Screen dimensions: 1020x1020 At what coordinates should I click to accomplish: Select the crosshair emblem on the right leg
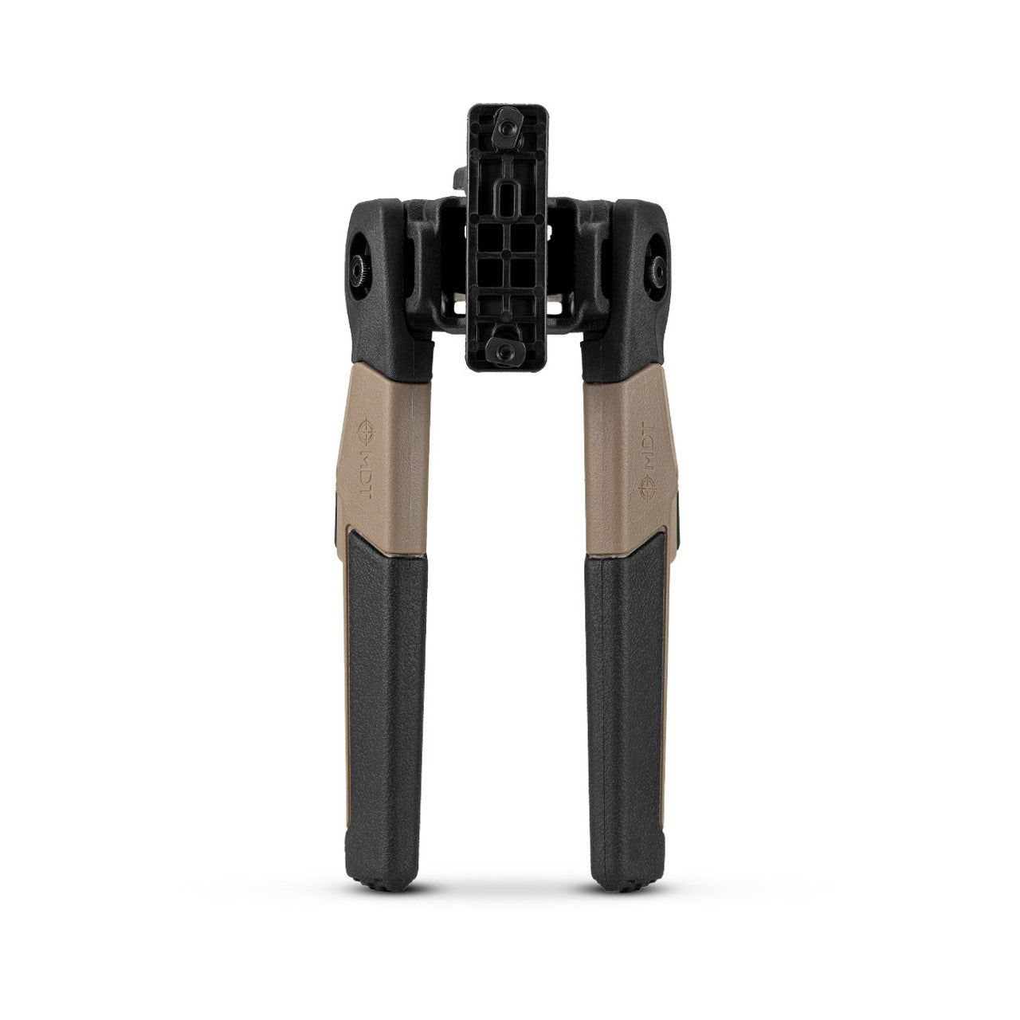click(647, 488)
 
